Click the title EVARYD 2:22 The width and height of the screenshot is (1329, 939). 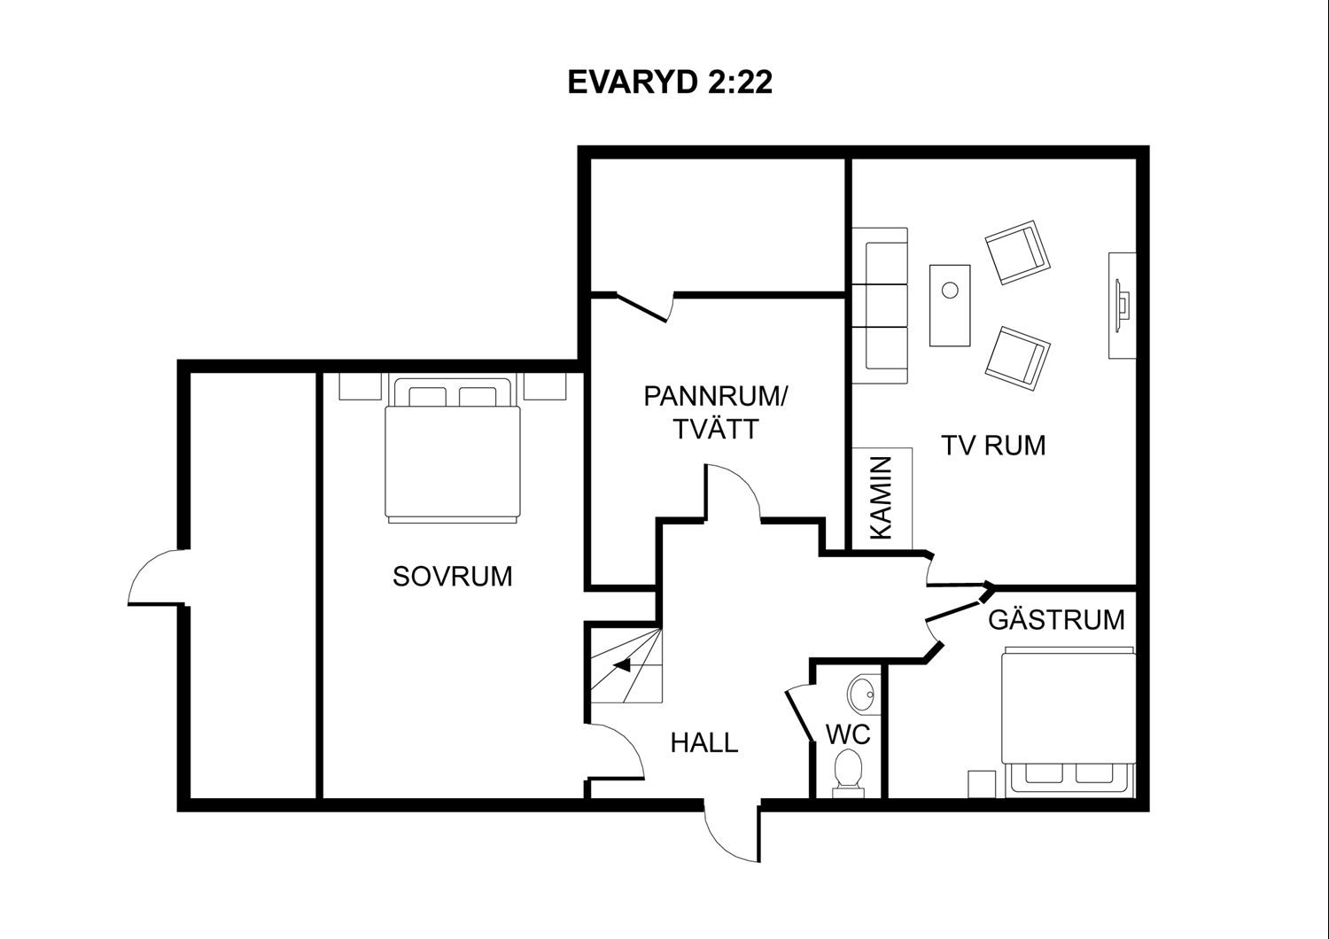click(670, 82)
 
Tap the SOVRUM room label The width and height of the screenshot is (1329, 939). click(453, 577)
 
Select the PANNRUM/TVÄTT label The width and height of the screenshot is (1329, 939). click(716, 413)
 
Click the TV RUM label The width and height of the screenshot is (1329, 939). click(993, 446)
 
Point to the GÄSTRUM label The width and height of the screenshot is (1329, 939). click(1057, 620)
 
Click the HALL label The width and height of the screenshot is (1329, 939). click(704, 742)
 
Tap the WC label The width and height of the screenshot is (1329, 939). click(848, 734)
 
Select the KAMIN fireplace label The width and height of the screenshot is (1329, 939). click(882, 498)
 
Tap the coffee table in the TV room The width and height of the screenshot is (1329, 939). click(950, 306)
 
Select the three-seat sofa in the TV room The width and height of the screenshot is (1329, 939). click(881, 306)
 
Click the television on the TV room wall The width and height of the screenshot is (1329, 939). click(1123, 306)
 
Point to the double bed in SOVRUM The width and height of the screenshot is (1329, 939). click(453, 448)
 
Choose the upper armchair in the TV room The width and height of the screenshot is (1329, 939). click(1017, 252)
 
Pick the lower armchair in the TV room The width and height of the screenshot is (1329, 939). click(1017, 358)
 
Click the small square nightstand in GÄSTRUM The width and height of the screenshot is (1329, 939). click(982, 784)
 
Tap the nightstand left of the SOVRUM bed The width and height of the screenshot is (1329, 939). click(360, 387)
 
